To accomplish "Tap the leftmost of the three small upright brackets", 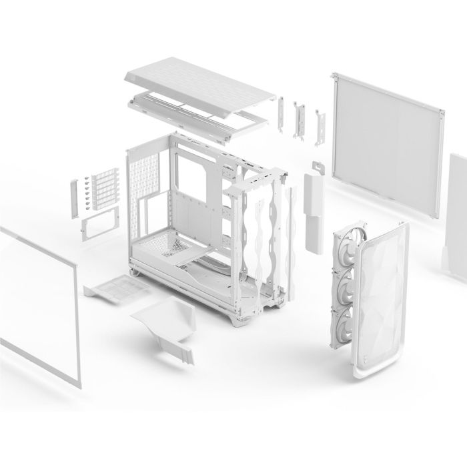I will click(x=280, y=111).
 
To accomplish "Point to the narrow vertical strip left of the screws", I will click(x=73, y=196).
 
